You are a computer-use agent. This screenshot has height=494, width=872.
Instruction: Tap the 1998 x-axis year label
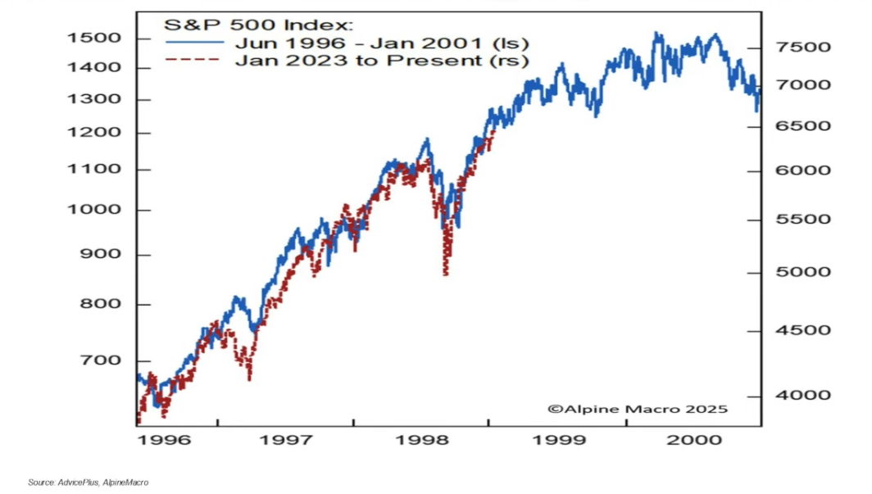click(x=424, y=440)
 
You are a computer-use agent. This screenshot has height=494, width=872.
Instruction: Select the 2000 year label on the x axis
click(x=695, y=440)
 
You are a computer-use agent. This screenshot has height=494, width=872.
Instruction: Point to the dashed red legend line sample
click(x=195, y=60)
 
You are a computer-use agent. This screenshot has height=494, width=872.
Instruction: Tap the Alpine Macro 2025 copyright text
click(x=637, y=409)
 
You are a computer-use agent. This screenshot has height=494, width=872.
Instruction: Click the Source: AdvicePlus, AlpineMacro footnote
click(x=88, y=483)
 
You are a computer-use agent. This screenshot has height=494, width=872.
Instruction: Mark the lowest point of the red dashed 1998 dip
click(x=445, y=274)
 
